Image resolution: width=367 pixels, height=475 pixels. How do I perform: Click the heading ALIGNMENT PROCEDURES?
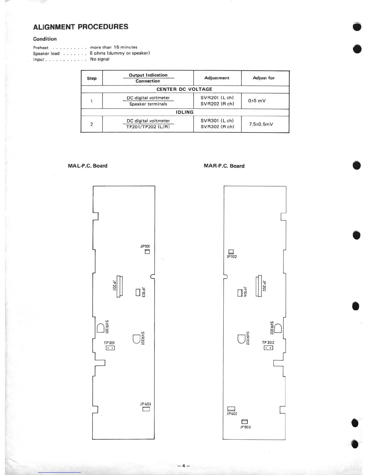81,27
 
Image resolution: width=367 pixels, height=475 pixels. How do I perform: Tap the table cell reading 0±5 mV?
257,101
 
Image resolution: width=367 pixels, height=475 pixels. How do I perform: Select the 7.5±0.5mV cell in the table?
261,124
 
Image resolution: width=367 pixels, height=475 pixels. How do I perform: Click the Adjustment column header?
217,78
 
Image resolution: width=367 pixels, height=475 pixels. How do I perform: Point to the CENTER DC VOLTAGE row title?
184,89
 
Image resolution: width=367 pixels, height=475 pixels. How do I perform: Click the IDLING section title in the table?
184,112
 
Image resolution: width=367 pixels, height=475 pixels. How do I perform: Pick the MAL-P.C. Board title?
88,166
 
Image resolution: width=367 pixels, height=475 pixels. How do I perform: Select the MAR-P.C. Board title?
224,166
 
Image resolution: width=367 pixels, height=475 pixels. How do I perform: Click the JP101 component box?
147,252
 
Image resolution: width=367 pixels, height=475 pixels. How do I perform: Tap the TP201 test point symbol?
110,348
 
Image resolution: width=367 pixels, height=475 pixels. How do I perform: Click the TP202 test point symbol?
268,348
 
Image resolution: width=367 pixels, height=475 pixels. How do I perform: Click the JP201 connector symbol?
120,286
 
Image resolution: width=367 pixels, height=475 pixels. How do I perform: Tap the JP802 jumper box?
244,422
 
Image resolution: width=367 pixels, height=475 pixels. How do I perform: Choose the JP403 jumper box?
146,409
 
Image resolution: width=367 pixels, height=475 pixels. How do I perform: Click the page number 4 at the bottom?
183,466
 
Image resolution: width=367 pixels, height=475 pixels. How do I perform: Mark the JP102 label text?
232,257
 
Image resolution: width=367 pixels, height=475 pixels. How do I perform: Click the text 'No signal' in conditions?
100,59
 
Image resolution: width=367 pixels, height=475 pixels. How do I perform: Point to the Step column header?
92,78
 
